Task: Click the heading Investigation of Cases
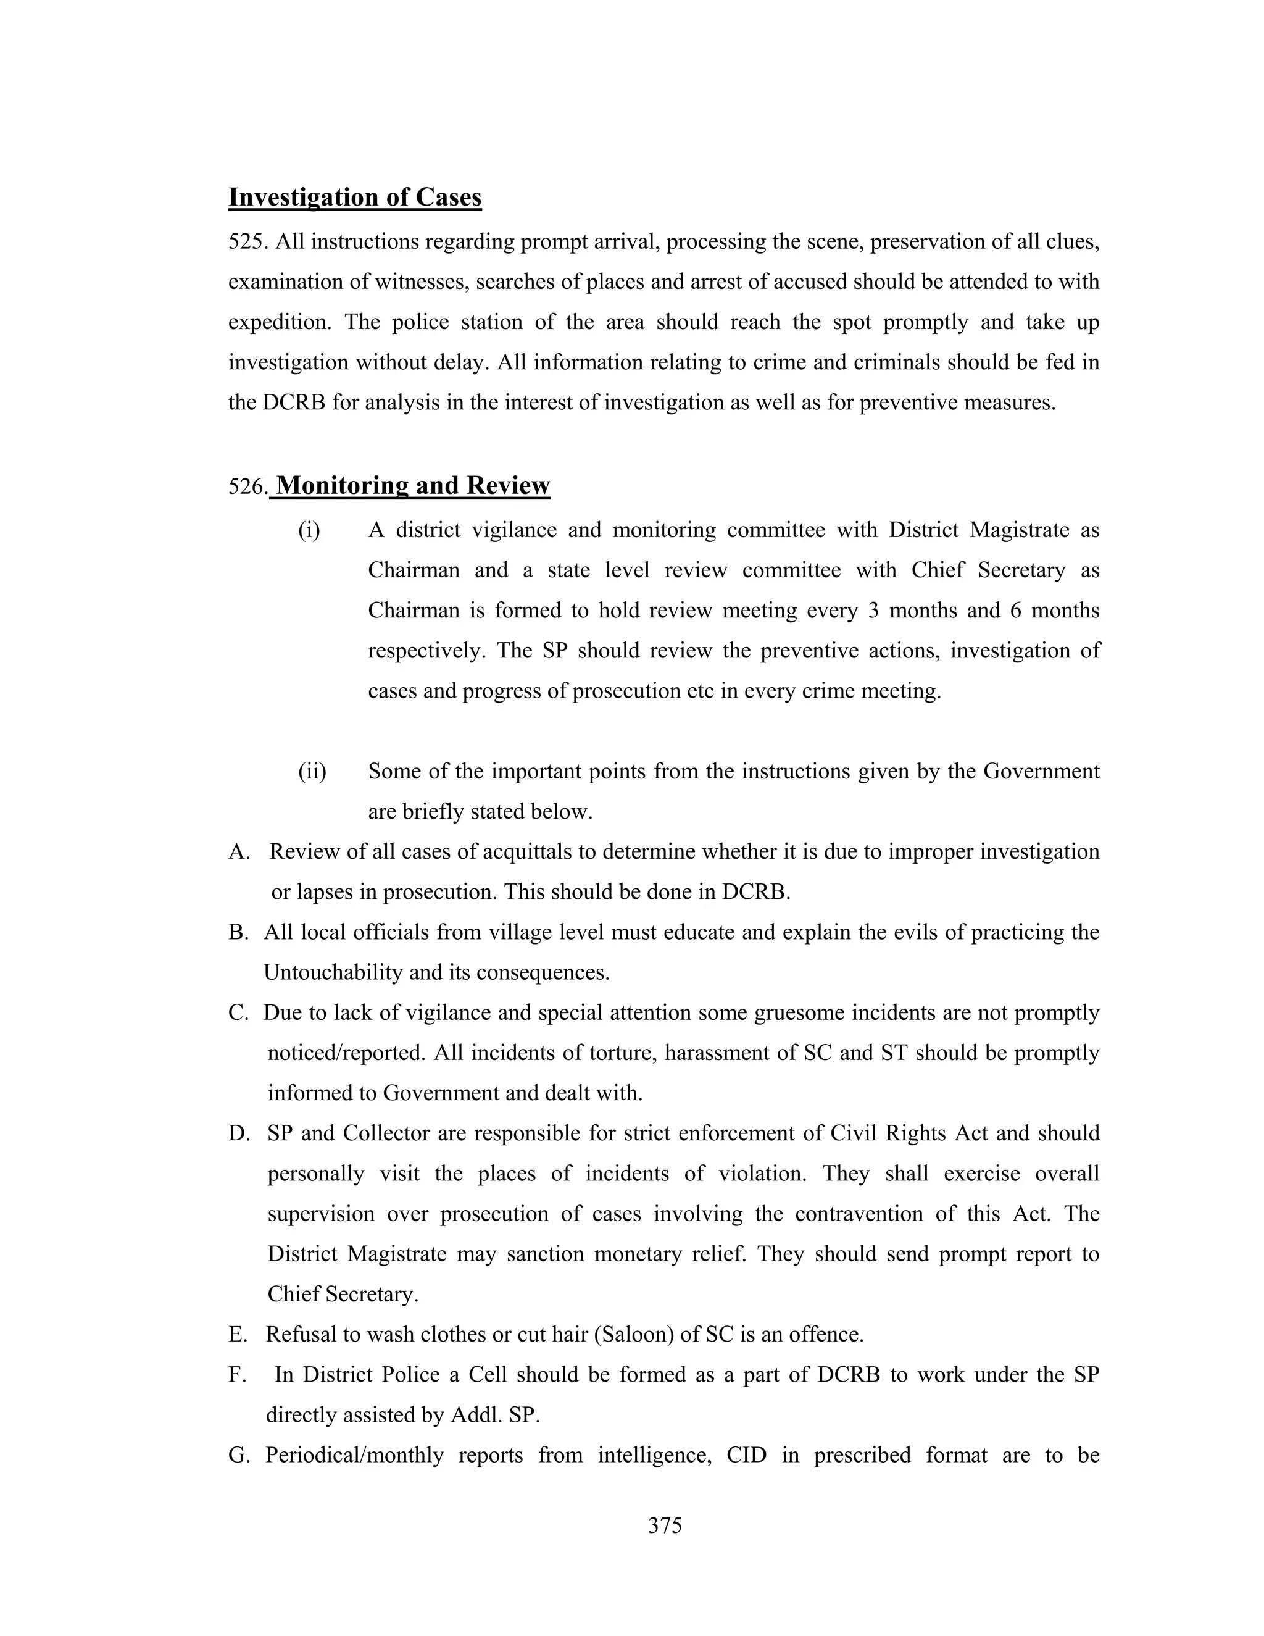pyautogui.click(x=354, y=197)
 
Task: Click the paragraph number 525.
pyautogui.click(x=248, y=243)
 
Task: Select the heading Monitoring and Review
pyautogui.click(x=413, y=485)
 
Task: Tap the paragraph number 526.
pyautogui.click(x=248, y=487)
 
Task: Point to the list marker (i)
pyautogui.click(x=309, y=530)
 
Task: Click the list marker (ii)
pyautogui.click(x=312, y=772)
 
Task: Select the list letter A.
pyautogui.click(x=238, y=852)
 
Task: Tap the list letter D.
pyautogui.click(x=238, y=1133)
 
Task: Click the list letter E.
pyautogui.click(x=238, y=1335)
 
